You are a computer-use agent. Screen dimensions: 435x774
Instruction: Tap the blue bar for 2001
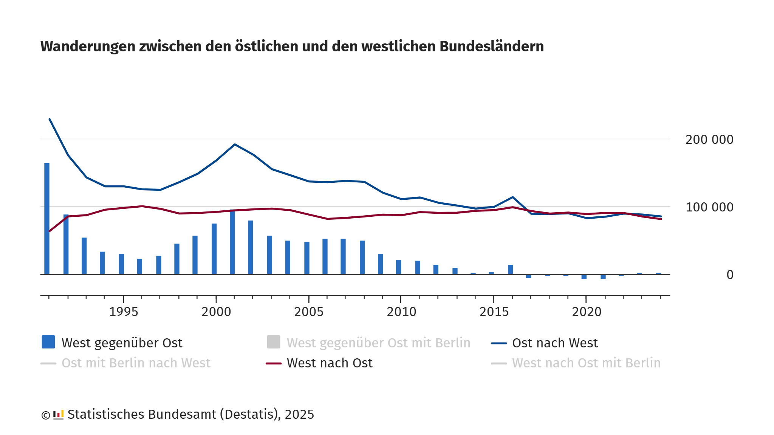click(232, 242)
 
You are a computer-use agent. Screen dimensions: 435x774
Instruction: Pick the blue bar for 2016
click(511, 269)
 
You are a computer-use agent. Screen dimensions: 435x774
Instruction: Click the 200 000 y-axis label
click(709, 140)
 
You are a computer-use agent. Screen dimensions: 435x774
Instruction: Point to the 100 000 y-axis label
click(709, 207)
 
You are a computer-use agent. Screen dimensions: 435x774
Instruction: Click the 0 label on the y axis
click(730, 275)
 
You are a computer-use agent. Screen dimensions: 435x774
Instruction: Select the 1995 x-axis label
click(124, 312)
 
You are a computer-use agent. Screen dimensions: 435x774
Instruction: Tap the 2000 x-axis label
click(216, 312)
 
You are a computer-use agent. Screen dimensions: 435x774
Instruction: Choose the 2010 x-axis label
click(401, 312)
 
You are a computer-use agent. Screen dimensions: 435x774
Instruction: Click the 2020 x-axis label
click(587, 312)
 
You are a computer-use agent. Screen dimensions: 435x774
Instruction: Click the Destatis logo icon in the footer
click(58, 415)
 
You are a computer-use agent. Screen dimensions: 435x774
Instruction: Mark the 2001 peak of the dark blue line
click(235, 144)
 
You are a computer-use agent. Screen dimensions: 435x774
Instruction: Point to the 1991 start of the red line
click(50, 231)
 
